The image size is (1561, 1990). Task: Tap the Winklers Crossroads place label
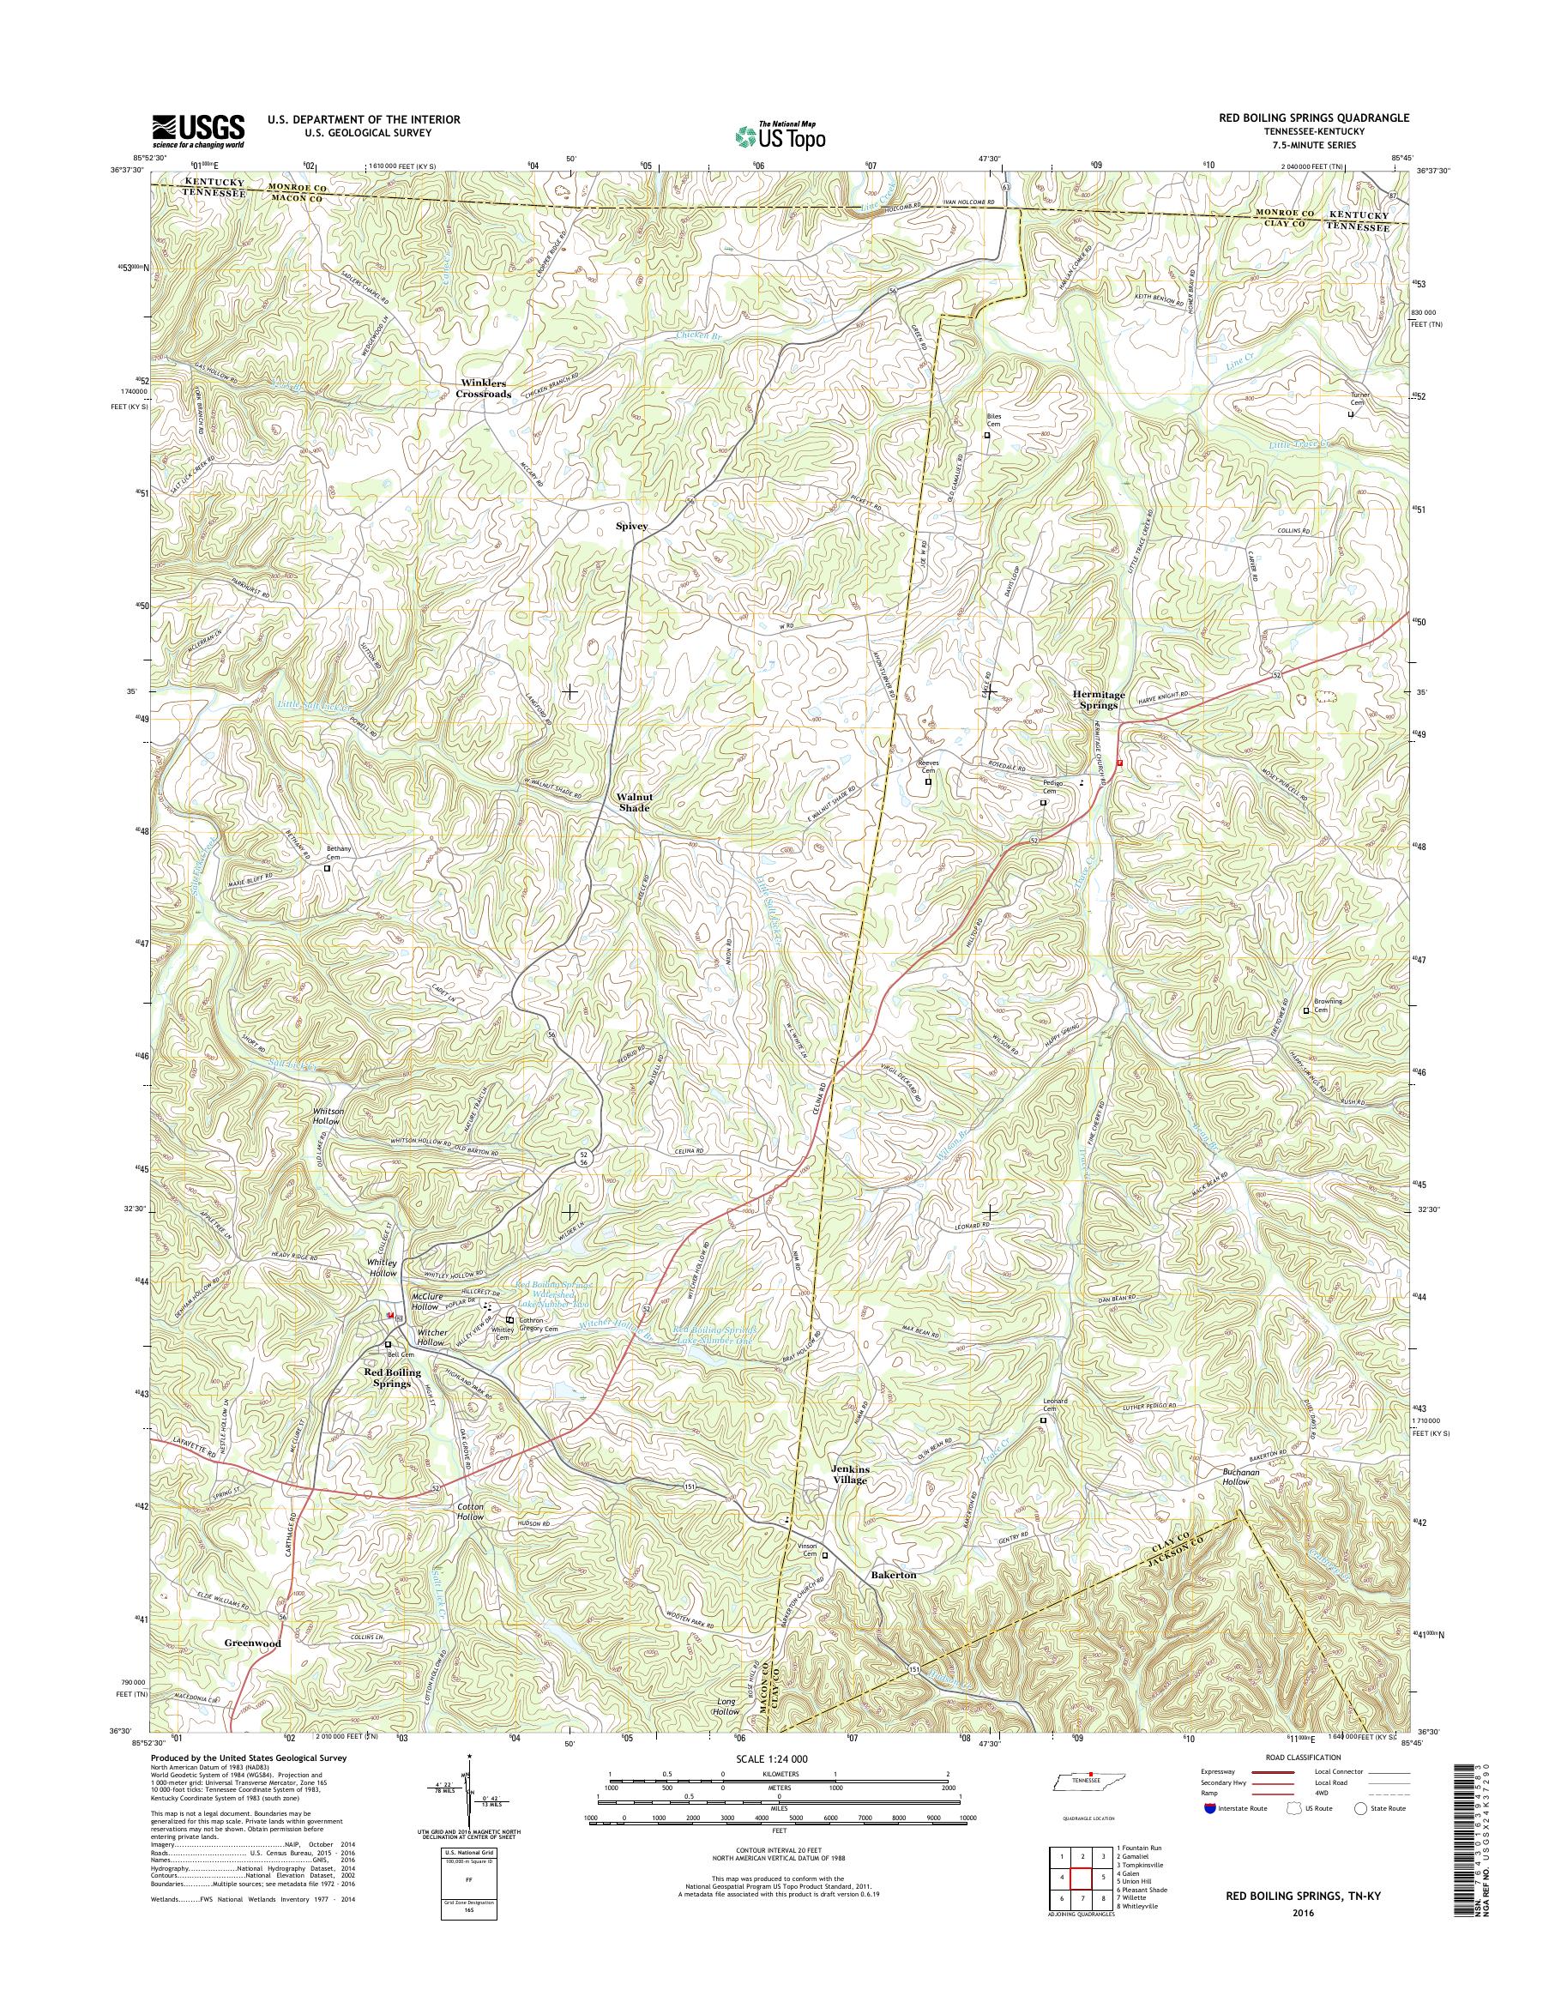tap(484, 389)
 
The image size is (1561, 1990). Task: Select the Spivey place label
tap(631, 527)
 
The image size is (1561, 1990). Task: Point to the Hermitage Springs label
tap(1095, 700)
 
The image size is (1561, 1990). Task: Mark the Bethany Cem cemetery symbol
tap(327, 868)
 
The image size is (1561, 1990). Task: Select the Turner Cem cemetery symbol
tap(1351, 414)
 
